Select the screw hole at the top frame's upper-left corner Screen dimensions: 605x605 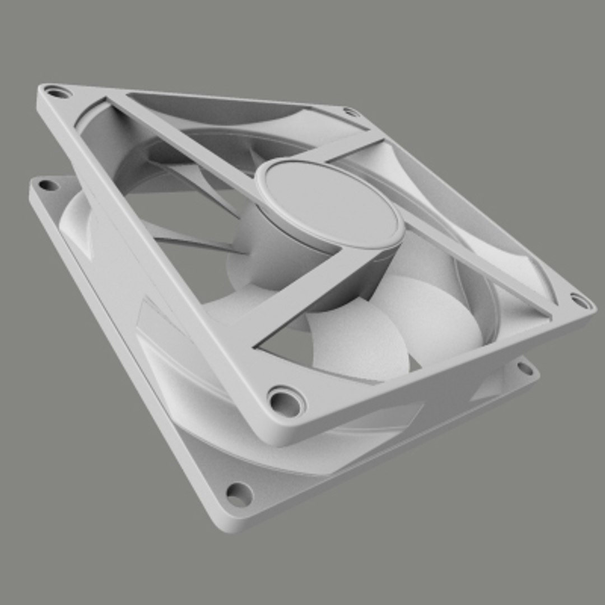click(x=57, y=91)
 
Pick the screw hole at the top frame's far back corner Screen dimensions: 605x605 click(x=351, y=112)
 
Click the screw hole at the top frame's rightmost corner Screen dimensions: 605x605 click(x=581, y=301)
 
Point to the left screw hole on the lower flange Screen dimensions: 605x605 click(x=48, y=185)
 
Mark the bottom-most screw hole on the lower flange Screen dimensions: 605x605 click(x=238, y=495)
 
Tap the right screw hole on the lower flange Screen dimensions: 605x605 click(x=525, y=368)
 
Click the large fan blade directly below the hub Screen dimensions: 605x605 click(x=359, y=342)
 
